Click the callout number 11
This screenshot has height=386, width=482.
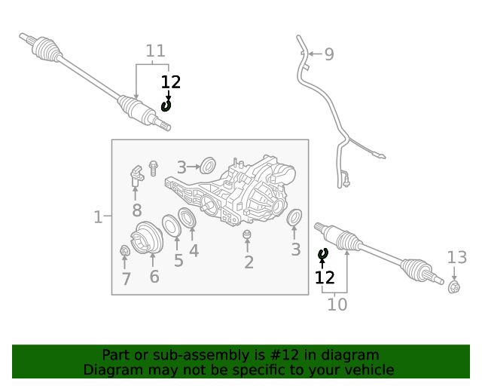155,51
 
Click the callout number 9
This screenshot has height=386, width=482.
328,54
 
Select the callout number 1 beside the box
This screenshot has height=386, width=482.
97,217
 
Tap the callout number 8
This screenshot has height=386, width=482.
136,210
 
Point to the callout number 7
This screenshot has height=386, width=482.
126,279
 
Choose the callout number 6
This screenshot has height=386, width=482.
154,277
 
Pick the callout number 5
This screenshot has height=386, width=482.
178,261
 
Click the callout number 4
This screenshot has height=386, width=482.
194,250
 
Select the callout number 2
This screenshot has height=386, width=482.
249,262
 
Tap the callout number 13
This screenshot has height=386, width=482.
457,257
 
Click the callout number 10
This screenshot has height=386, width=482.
337,305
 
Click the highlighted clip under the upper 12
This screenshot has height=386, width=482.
166,106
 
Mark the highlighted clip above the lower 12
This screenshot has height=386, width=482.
324,254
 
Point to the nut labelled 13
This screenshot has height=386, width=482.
454,286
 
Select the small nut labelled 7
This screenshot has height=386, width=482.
125,250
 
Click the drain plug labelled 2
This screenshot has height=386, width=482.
247,237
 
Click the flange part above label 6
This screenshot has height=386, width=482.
148,240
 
